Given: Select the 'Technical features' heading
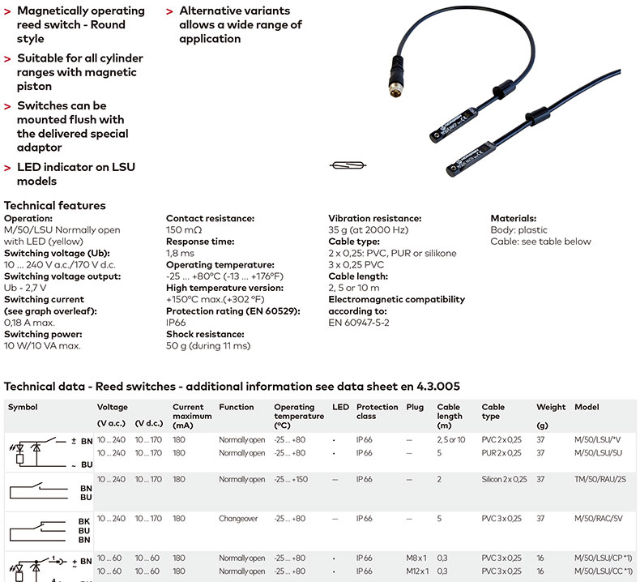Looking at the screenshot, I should click(x=54, y=205).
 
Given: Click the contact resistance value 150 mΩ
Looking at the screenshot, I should click(x=184, y=230).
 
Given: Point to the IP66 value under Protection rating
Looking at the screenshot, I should click(x=177, y=323).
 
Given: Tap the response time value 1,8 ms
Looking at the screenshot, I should click(x=181, y=253).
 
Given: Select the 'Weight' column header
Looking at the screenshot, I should click(x=551, y=407).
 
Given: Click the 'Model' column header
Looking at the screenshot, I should click(x=589, y=407).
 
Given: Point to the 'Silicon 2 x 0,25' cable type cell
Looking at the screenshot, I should click(x=504, y=479).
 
